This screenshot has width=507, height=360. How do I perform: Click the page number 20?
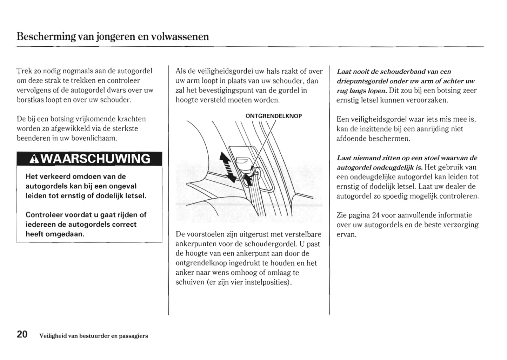(x=22, y=334)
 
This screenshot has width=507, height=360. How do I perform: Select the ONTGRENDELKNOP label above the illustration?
(x=273, y=116)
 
